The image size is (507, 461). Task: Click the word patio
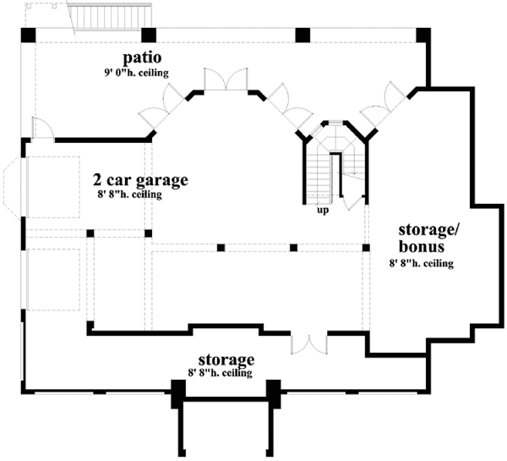tap(142, 58)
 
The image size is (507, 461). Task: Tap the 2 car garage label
tap(140, 180)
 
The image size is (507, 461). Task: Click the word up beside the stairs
tap(323, 211)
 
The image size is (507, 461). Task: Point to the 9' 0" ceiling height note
tap(136, 73)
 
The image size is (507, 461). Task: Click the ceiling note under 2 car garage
tap(129, 195)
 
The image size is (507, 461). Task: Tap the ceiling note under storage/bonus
tap(422, 263)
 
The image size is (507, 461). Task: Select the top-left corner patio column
tap(29, 35)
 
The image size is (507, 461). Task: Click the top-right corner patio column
tap(423, 35)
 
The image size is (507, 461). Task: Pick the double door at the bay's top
tap(226, 79)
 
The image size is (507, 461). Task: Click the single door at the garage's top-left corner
tap(43, 129)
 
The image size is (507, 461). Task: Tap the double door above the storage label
tap(309, 344)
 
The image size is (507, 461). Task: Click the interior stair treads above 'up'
tap(319, 178)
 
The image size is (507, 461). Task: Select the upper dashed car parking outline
tap(54, 187)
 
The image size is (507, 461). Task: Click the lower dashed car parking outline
tap(54, 280)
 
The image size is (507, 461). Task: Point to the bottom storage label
tap(226, 359)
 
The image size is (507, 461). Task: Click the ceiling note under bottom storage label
tap(221, 373)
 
